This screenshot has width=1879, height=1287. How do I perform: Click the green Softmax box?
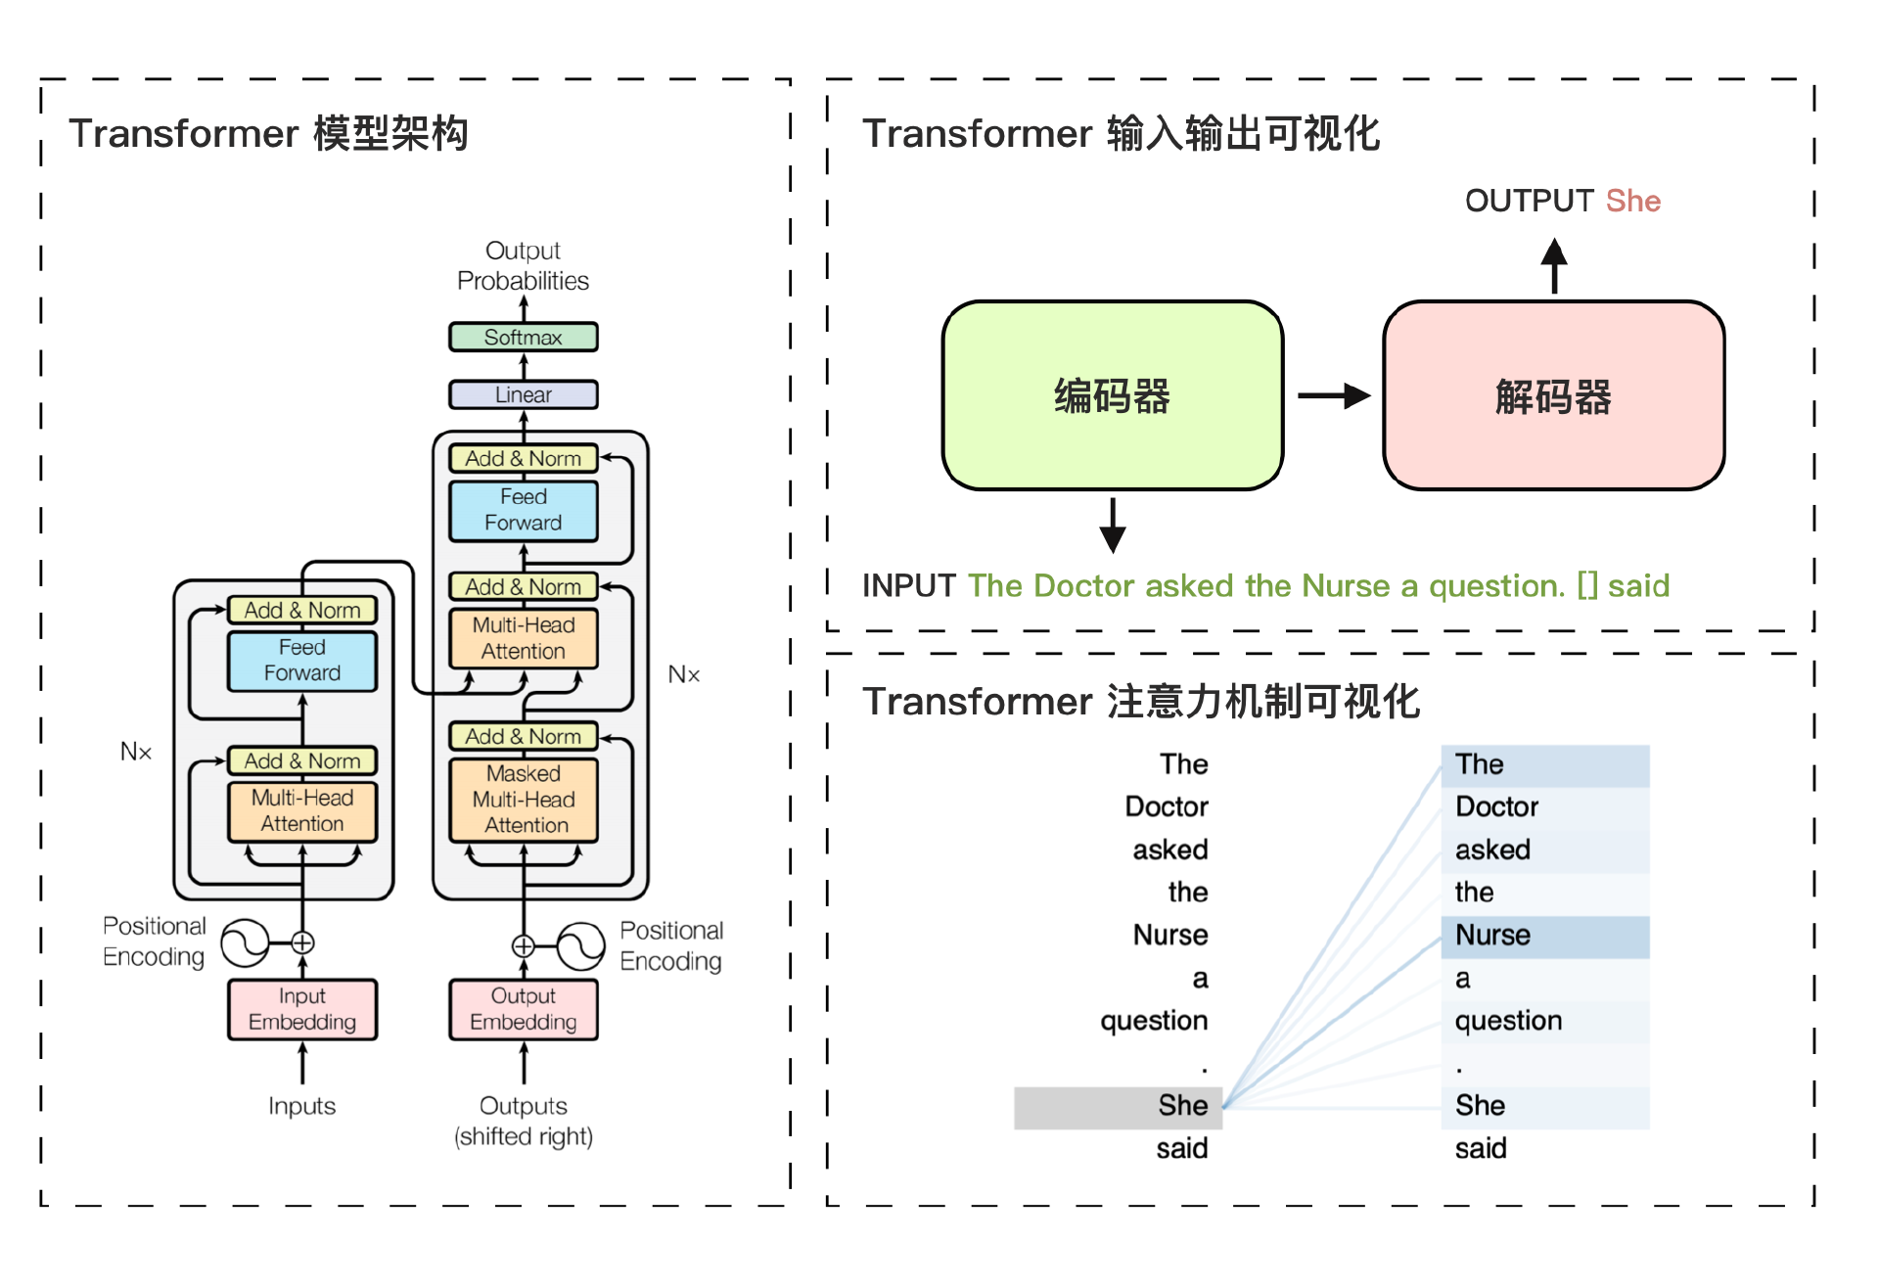[x=523, y=337]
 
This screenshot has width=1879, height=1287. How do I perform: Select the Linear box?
[x=523, y=394]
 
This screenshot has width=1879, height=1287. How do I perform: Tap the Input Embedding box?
[x=301, y=1009]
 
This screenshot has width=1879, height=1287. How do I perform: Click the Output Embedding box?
[x=523, y=1009]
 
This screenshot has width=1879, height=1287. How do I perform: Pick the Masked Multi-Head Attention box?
[x=523, y=800]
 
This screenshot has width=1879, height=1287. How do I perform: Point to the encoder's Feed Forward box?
[x=301, y=661]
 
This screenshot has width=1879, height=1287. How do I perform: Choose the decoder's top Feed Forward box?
[x=523, y=510]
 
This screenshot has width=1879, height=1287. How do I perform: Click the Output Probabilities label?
[x=523, y=266]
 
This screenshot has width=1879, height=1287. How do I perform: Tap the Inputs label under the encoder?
[x=301, y=1106]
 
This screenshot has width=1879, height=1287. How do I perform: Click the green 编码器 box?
[x=1112, y=395]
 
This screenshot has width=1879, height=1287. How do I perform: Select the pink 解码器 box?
[x=1553, y=395]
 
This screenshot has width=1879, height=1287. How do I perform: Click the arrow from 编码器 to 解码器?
[x=1333, y=395]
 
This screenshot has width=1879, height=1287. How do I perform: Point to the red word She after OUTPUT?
[x=1632, y=201]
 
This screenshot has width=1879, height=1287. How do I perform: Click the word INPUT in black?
[x=908, y=585]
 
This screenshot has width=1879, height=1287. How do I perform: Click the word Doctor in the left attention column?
[x=1167, y=806]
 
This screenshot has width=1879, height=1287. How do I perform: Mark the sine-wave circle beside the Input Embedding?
[x=244, y=943]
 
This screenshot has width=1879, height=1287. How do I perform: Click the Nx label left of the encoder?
[x=136, y=752]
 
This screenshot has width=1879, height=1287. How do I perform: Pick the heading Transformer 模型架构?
[x=268, y=133]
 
